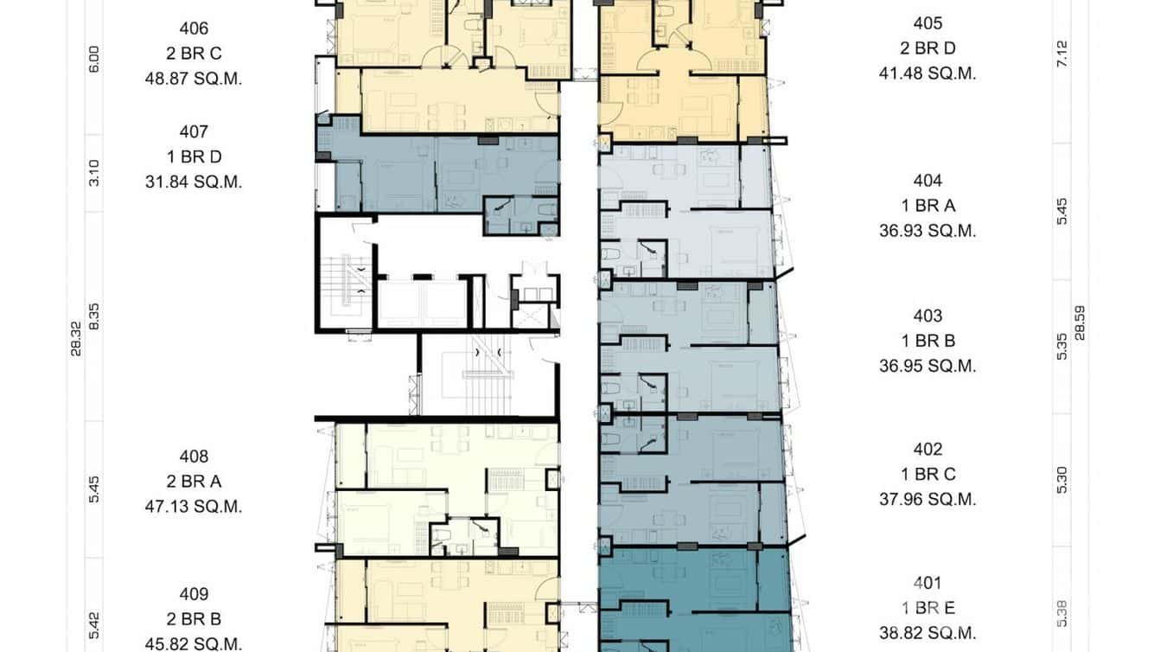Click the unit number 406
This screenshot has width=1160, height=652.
click(194, 29)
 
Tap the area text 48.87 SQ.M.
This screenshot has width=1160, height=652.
click(194, 79)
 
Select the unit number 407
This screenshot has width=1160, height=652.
click(194, 131)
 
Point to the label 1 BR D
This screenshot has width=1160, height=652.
click(194, 157)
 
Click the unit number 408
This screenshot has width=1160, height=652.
click(194, 457)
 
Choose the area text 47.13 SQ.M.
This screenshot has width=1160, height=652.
click(194, 507)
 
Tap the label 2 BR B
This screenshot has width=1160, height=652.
click(194, 619)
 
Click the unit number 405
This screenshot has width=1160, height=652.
click(927, 23)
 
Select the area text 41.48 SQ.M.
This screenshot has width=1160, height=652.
click(927, 74)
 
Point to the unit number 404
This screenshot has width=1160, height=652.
click(927, 181)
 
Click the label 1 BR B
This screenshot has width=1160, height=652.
click(927, 341)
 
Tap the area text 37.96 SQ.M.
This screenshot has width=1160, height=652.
click(927, 499)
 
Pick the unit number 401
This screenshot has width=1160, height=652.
click(927, 583)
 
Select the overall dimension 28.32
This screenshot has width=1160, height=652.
click(76, 338)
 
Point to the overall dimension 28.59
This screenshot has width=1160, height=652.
click(1080, 322)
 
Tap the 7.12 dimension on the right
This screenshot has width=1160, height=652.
click(1062, 54)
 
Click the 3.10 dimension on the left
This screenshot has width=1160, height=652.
click(94, 173)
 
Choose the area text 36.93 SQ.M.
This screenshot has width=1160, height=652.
click(927, 231)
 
